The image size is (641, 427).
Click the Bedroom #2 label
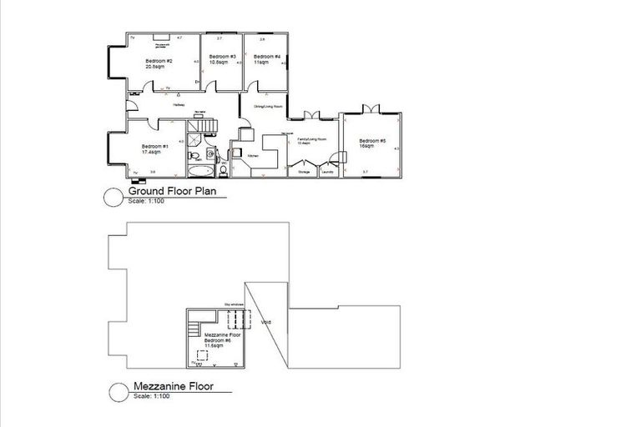[x=159, y=62]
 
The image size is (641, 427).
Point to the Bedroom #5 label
[x=372, y=141]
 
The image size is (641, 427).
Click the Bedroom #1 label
[x=156, y=147]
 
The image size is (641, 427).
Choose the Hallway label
[x=179, y=104]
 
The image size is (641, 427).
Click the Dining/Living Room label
[x=269, y=107]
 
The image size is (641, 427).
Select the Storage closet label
[x=304, y=172]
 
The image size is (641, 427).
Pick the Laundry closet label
[x=327, y=172]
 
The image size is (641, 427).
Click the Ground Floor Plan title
[x=169, y=192]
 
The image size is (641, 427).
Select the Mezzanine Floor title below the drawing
[x=173, y=387]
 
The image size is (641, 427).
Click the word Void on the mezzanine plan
[x=265, y=323]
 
